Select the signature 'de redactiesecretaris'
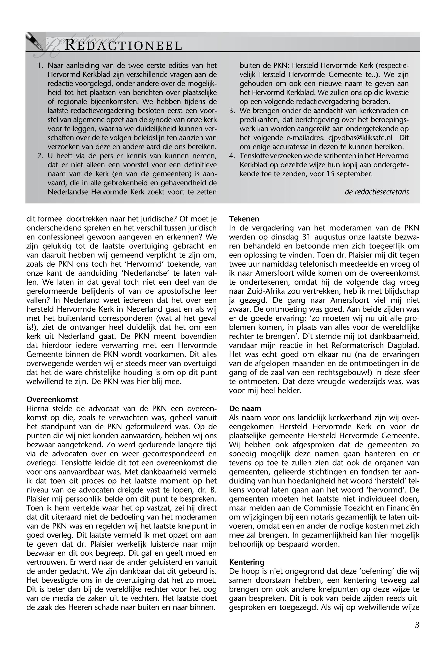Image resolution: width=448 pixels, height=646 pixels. pyautogui.click(x=376, y=192)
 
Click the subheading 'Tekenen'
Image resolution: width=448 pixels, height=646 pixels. pyautogui.click(x=244, y=219)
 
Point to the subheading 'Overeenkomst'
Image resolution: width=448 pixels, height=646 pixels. pyautogui.click(x=52, y=399)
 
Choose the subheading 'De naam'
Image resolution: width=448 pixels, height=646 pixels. pyautogui.click(x=245, y=408)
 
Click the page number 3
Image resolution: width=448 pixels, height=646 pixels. pyautogui.click(x=417, y=625)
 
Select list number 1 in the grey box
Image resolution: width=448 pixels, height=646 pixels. pyautogui.click(x=40, y=66)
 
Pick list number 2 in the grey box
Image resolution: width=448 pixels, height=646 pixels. pyautogui.click(x=40, y=156)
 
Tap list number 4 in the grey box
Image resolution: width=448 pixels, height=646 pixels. pyautogui.click(x=232, y=156)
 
